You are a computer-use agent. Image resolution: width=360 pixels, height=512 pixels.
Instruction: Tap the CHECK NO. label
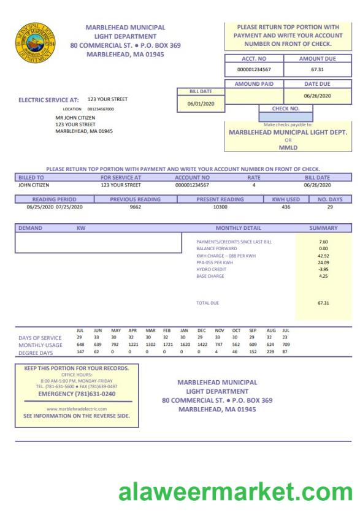coord(285,108)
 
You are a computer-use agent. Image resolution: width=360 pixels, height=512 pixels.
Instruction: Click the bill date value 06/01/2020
coord(200,104)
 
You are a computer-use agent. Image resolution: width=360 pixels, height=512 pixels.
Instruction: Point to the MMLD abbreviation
coord(288,147)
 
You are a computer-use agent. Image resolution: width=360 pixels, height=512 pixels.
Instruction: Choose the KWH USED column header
coord(286,199)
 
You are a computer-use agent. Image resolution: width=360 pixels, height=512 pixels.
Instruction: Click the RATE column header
coord(254,177)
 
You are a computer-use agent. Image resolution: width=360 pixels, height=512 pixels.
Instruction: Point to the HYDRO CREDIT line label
coord(207,269)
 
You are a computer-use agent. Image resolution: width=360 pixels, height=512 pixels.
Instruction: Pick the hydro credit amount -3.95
coord(323,269)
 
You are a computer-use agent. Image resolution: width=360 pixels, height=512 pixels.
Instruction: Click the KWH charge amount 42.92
coord(323,256)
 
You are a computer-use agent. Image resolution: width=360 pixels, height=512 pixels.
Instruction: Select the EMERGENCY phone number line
coord(72,394)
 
